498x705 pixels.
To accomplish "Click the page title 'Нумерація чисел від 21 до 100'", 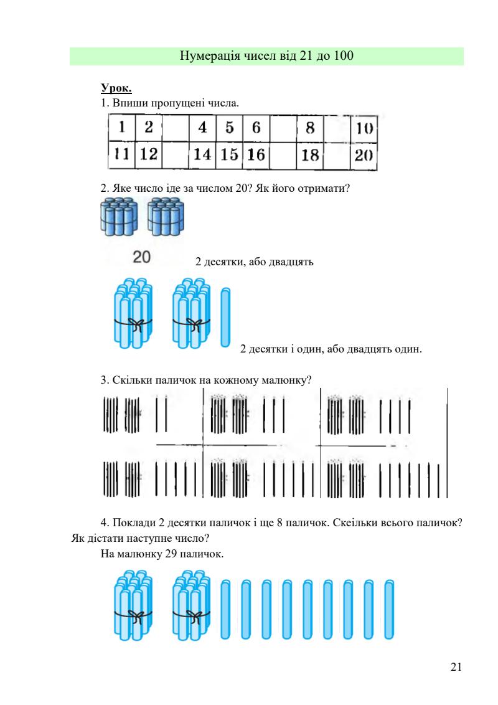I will [266, 56].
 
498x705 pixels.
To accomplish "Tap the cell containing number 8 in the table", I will [309, 128].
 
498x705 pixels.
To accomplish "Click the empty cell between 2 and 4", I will [175, 128].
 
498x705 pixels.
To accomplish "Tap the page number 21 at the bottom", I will [456, 668].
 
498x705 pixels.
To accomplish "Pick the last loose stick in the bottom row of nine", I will [389, 609].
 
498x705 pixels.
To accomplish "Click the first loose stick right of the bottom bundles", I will [226, 609].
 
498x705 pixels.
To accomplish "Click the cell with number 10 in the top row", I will [364, 128].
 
